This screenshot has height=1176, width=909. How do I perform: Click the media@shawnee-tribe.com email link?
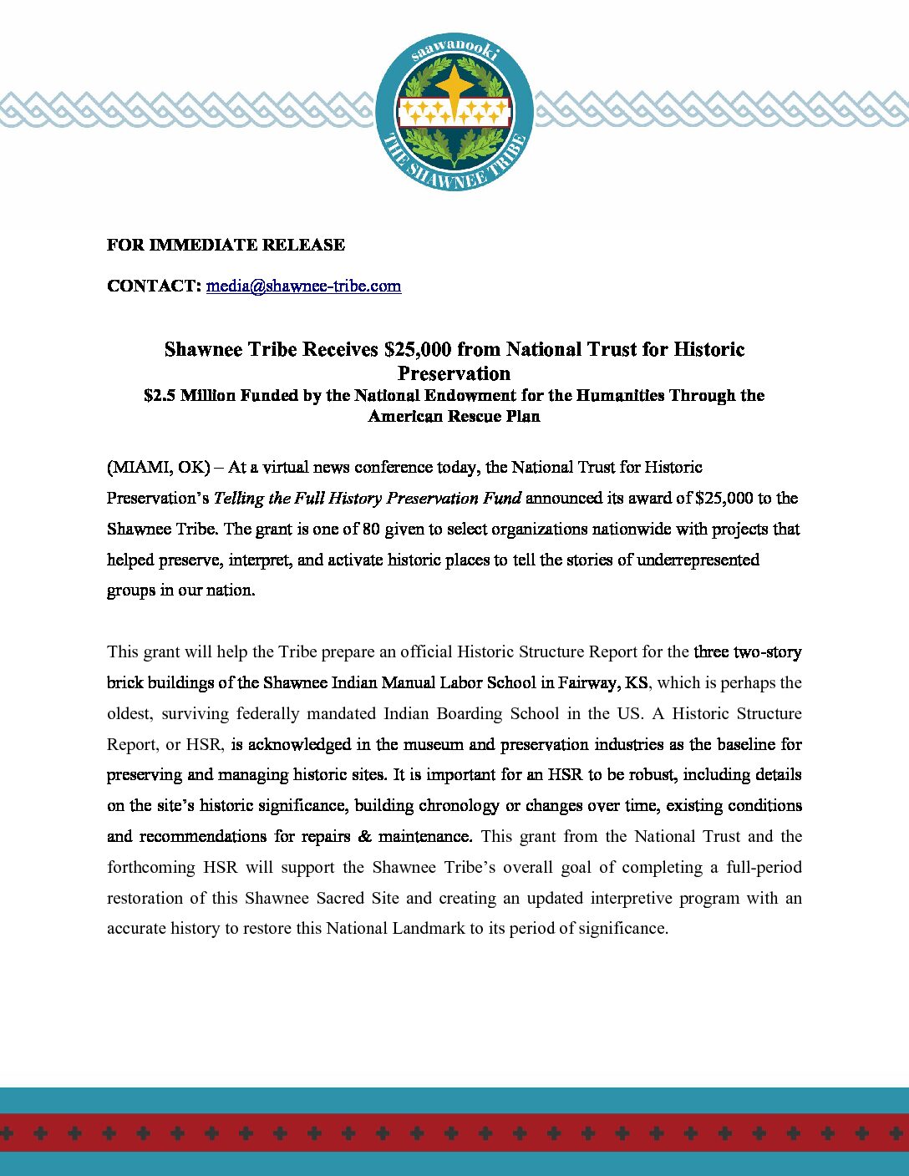303,286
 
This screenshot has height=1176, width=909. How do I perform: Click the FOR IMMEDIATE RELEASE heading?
226,245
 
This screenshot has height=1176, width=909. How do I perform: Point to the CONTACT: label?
155,286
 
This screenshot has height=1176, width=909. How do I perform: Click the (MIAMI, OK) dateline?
158,467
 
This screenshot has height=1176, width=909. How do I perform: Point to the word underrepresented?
698,560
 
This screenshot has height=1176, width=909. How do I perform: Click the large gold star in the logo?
454,86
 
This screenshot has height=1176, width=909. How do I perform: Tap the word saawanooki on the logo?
454,52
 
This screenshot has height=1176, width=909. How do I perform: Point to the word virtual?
297,467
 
